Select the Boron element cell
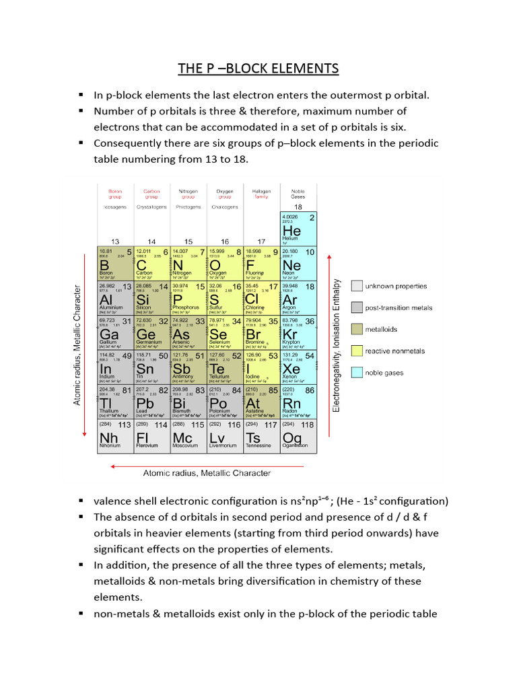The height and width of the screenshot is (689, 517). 116,264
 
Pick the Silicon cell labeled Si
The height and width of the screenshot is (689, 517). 152,298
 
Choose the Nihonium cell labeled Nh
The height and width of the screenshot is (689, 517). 116,436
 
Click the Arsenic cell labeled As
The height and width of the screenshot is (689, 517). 188,332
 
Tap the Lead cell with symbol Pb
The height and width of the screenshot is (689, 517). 152,402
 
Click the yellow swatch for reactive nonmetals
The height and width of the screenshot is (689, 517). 357,351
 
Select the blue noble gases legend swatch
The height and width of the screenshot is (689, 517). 357,372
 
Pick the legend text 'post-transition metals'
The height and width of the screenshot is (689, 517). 399,307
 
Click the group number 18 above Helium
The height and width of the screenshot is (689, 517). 298,207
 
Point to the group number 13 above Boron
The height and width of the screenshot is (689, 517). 115,241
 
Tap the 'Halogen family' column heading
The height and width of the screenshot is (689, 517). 261,194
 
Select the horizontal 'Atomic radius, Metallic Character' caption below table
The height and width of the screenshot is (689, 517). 207,473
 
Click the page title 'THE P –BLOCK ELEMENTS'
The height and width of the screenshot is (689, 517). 258,69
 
